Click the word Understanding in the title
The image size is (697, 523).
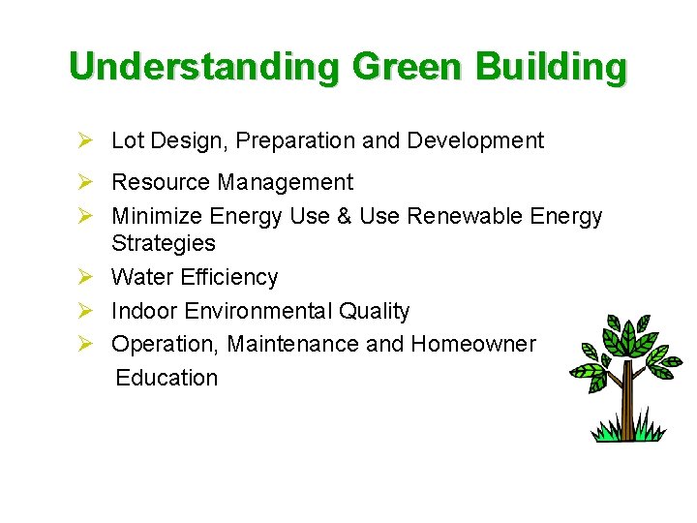(204, 67)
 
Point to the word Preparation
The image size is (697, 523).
(296, 140)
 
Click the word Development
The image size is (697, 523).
(475, 140)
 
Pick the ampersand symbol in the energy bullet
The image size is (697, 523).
(344, 216)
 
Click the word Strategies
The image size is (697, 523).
(164, 243)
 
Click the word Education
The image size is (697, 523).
(167, 378)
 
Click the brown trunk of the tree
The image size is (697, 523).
(626, 402)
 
